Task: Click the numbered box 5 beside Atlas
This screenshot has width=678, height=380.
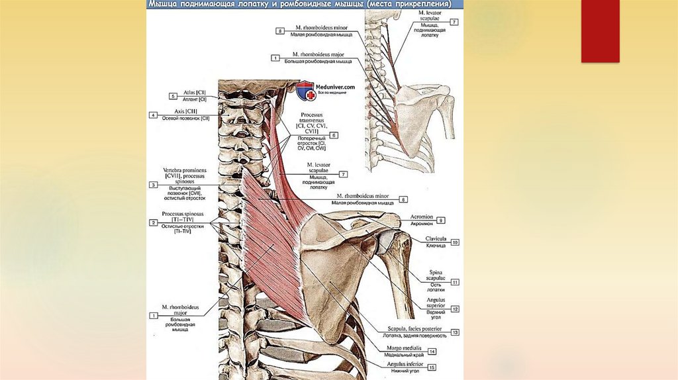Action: coord(172,96)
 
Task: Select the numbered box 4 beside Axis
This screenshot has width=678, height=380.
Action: coord(153,115)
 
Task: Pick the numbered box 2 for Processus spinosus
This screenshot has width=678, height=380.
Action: coord(153,223)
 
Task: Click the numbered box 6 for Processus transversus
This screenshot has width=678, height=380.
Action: coord(334,135)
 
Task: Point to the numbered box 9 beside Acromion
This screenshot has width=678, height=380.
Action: coord(440,220)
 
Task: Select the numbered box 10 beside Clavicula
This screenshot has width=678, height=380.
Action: coord(455,242)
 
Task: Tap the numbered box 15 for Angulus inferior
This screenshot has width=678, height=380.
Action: coord(432,367)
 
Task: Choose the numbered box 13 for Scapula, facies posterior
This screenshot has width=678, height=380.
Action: coord(455,332)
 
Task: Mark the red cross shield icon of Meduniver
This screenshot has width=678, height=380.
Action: coord(306,91)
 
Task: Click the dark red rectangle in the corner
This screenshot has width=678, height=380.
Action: coord(600,31)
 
